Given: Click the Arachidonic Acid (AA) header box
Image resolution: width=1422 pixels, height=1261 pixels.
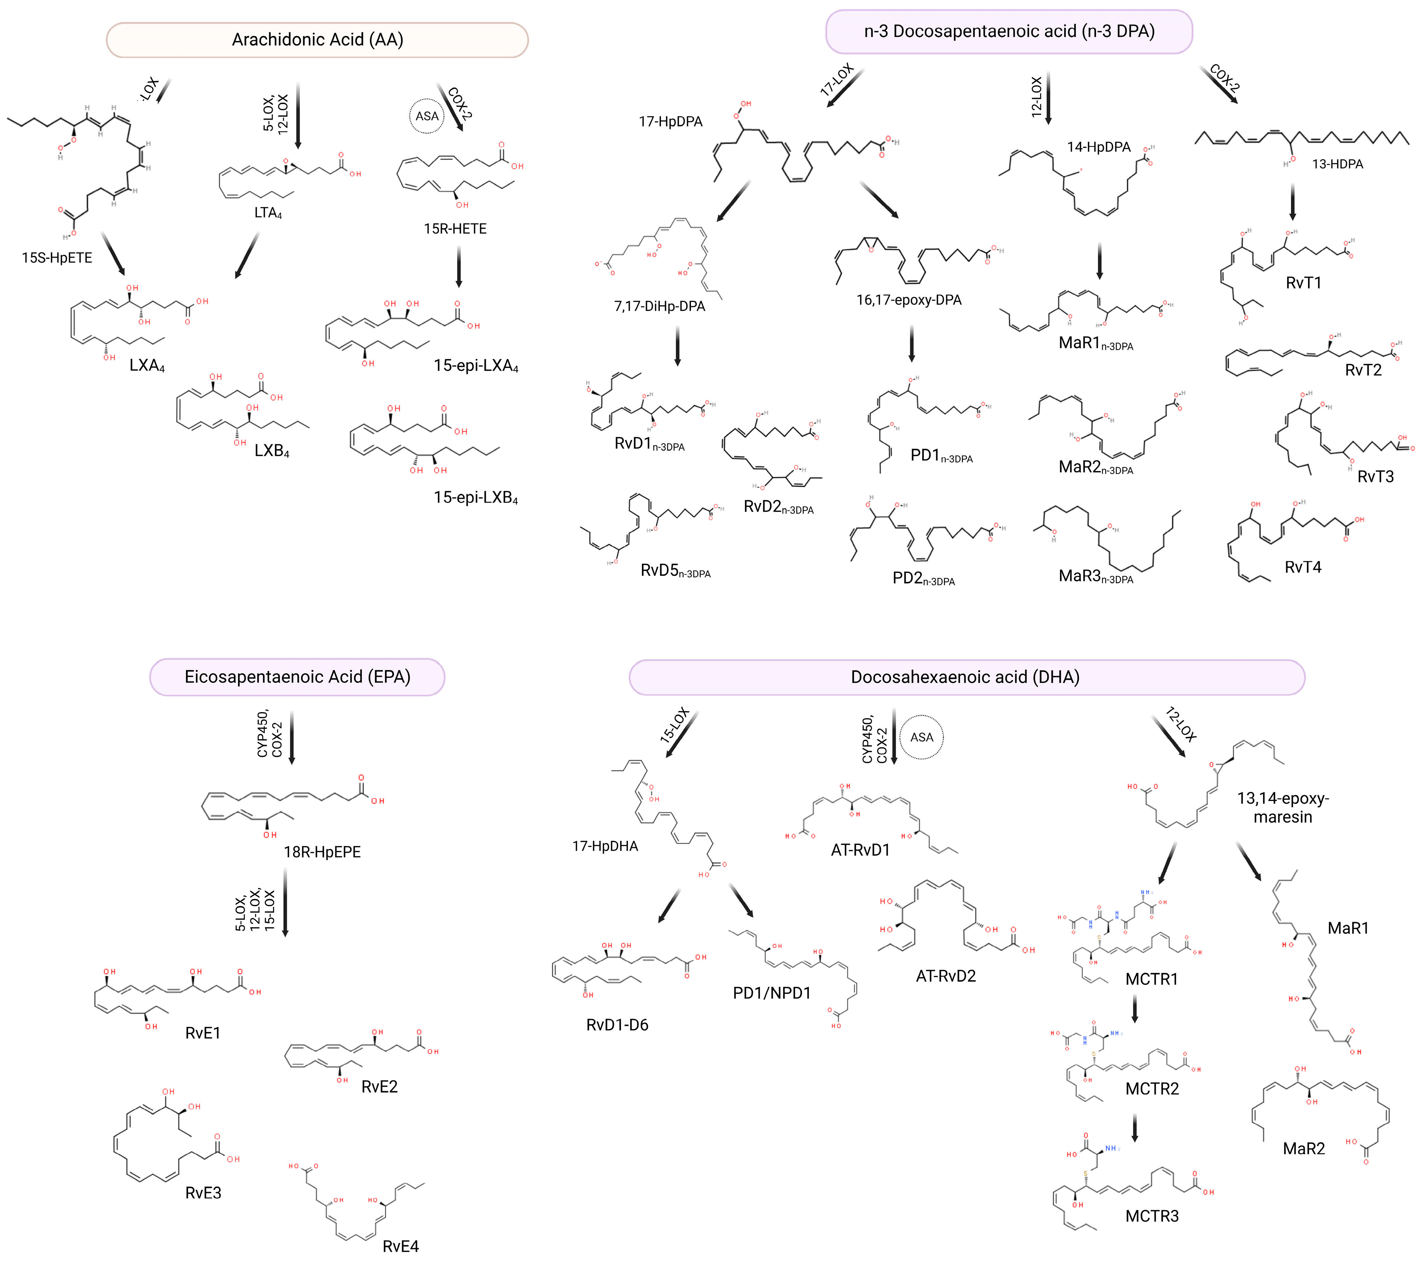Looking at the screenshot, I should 317,40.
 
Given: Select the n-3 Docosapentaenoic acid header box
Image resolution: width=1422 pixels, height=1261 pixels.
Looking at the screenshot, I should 1009,31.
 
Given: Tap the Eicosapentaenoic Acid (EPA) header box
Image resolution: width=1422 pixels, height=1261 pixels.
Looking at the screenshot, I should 297,677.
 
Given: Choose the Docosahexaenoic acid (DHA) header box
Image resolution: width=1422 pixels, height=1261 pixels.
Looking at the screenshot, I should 966,677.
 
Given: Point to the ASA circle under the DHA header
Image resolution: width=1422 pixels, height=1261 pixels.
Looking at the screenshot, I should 922,737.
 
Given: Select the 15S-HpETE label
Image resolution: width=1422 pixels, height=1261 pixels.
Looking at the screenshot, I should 57,258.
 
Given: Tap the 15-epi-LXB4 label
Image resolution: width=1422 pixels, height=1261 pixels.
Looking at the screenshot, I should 476,498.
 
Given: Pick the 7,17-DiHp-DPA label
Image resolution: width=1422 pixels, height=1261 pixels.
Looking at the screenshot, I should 659,306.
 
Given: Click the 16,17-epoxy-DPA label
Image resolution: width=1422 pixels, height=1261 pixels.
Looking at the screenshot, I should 909,300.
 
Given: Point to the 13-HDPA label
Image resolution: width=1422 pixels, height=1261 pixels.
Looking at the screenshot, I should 1337,164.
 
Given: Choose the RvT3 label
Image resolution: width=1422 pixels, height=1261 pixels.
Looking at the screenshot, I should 1375,476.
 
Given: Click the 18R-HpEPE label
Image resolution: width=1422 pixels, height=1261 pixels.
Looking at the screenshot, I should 322,852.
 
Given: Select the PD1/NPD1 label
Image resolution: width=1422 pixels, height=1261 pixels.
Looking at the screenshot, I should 772,993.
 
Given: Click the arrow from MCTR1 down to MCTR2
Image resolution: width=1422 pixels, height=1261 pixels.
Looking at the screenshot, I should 1135,1008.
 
